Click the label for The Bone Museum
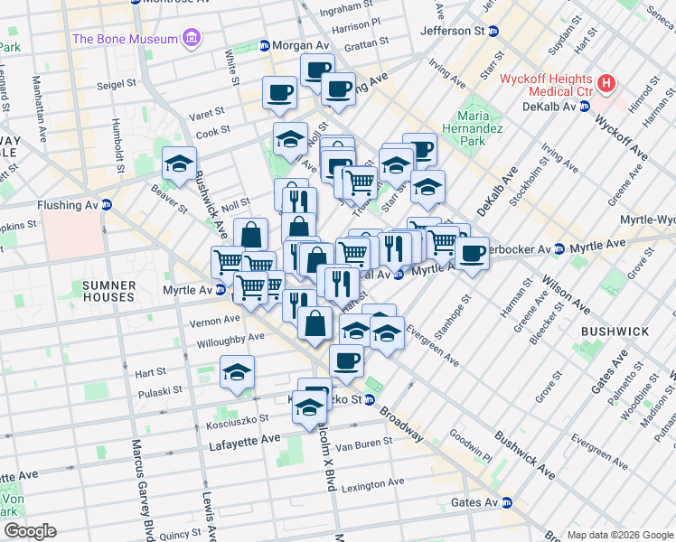[x=123, y=39]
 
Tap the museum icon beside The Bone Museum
[x=192, y=39]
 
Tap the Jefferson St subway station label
[x=453, y=31]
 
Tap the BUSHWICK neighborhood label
[x=615, y=332]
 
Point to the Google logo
[x=30, y=531]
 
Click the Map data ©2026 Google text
[x=619, y=535]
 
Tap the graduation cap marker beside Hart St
[x=237, y=372]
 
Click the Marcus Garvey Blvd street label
[x=141, y=488]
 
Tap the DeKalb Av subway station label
[x=549, y=106]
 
